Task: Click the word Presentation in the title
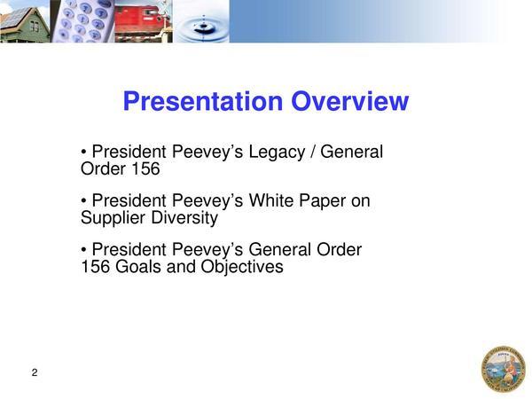pyautogui.click(x=203, y=101)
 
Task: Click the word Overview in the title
pyautogui.click(x=350, y=101)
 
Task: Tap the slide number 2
pyautogui.click(x=35, y=372)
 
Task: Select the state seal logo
pyautogui.click(x=503, y=369)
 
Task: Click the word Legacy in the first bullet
pyautogui.click(x=277, y=152)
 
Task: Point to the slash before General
pyautogui.click(x=312, y=152)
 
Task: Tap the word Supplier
pyautogui.click(x=113, y=218)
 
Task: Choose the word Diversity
pyautogui.click(x=184, y=218)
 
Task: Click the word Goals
pyautogui.click(x=138, y=266)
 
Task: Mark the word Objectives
pyautogui.click(x=242, y=267)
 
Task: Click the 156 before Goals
pyautogui.click(x=96, y=266)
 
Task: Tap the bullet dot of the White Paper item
pyautogui.click(x=83, y=200)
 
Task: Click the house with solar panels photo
pyautogui.click(x=25, y=21)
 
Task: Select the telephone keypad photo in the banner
pyautogui.click(x=82, y=21)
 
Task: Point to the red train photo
pyautogui.click(x=144, y=21)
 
